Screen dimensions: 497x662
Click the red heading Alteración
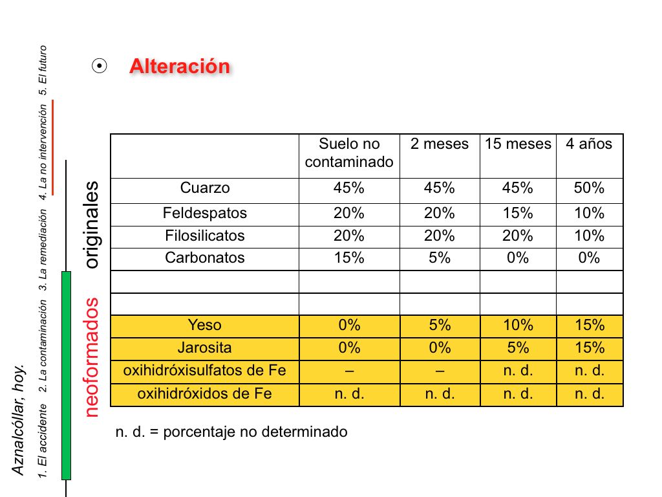[x=180, y=67]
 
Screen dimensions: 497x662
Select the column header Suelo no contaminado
[x=349, y=153]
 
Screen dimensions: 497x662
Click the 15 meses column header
[x=518, y=144]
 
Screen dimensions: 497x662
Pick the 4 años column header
[x=589, y=144]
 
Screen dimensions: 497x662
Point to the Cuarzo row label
[x=205, y=188]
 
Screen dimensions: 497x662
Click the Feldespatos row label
[x=205, y=213]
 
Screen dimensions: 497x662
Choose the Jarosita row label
[x=205, y=348]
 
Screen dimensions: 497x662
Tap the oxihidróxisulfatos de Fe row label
[x=205, y=371]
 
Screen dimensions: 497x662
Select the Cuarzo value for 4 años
[x=589, y=188]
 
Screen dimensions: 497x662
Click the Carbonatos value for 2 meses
[x=440, y=258]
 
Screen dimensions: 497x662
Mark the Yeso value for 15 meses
[x=518, y=325]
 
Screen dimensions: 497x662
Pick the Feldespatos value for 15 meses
[x=518, y=213]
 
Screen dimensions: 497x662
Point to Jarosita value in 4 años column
[x=589, y=348]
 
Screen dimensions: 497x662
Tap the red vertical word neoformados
[x=92, y=357]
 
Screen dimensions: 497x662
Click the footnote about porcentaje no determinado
[x=231, y=432]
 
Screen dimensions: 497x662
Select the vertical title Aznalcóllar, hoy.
[x=19, y=420]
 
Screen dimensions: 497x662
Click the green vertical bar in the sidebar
[x=66, y=375]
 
